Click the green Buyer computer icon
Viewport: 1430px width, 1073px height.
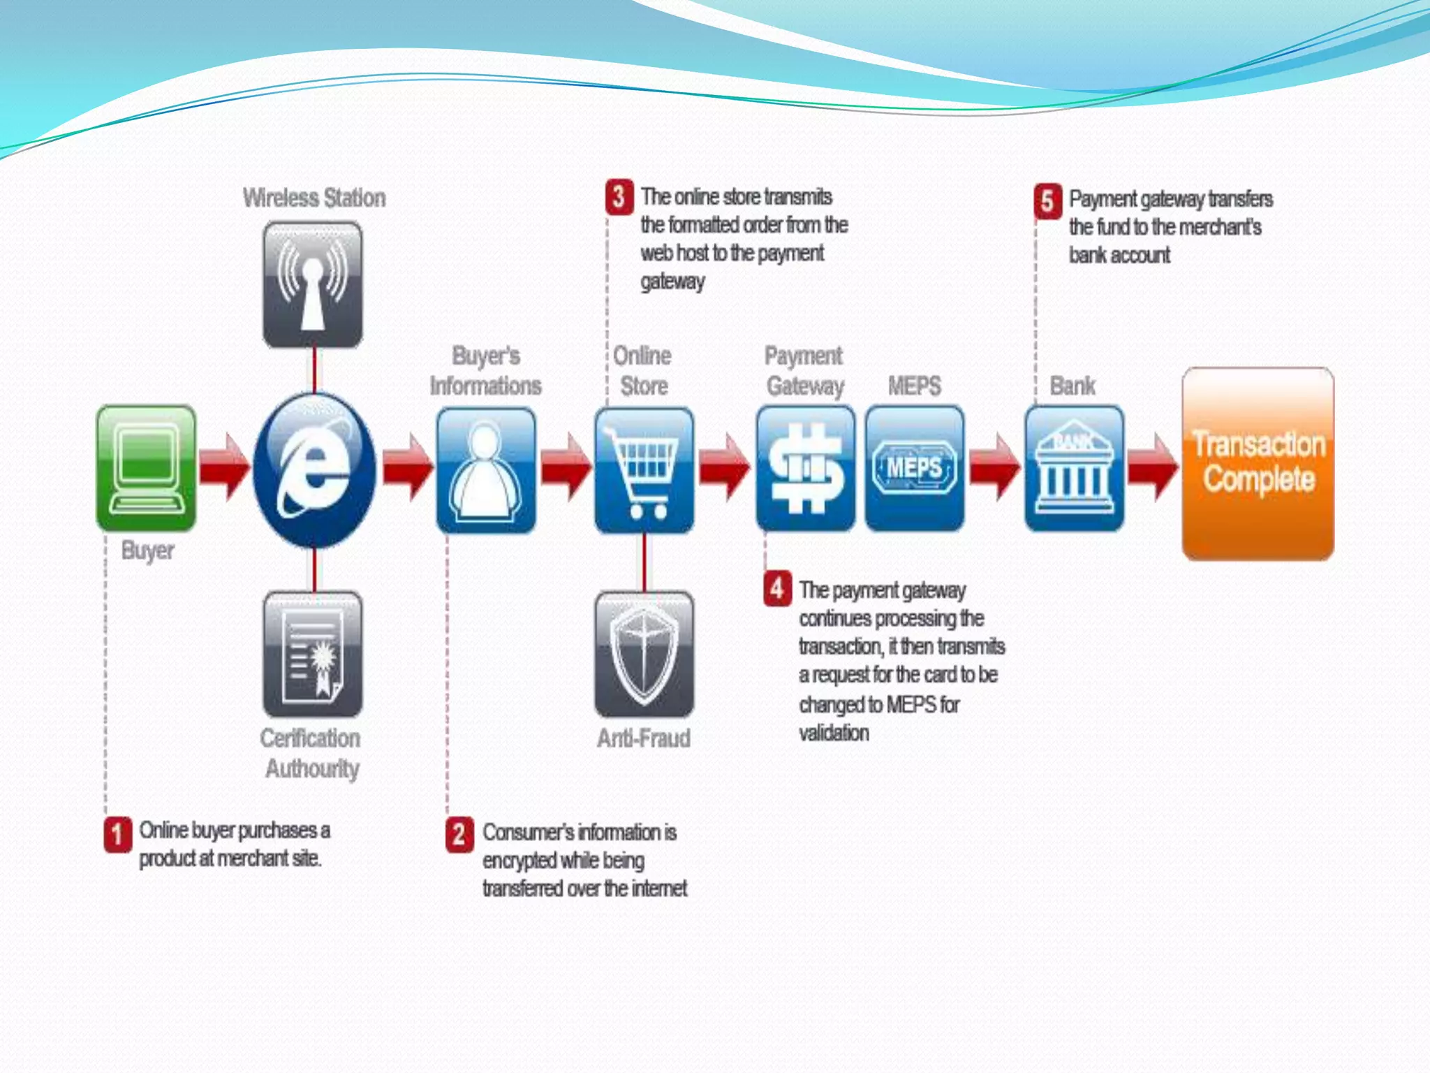(x=147, y=467)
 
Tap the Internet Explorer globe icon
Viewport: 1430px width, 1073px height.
(x=314, y=469)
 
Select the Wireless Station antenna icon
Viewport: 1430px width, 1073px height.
(x=313, y=284)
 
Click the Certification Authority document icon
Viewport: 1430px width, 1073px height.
(x=313, y=654)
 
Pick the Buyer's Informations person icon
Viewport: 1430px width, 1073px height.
(x=486, y=469)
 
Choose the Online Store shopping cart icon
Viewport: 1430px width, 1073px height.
(x=644, y=469)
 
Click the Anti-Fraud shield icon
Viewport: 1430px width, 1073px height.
(x=644, y=654)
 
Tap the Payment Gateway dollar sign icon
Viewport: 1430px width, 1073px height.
(x=805, y=468)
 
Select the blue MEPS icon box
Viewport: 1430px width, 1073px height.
(x=914, y=468)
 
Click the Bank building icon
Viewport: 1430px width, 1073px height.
(x=1074, y=468)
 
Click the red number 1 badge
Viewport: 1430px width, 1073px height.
(x=118, y=834)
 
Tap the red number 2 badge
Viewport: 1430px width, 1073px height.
(x=459, y=835)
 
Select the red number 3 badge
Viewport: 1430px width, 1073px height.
(x=619, y=196)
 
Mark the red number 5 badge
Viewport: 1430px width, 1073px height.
(x=1047, y=200)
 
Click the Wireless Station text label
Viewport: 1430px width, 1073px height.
(x=314, y=198)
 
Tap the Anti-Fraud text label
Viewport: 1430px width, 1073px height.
(x=644, y=738)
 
